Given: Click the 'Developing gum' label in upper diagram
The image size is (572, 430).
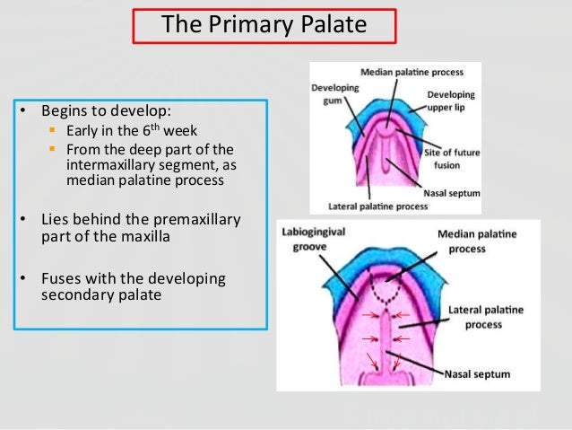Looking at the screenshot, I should (x=334, y=93).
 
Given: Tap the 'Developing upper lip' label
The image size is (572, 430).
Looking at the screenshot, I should (x=450, y=101).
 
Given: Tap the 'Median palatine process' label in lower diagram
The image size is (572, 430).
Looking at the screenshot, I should (x=476, y=240).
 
